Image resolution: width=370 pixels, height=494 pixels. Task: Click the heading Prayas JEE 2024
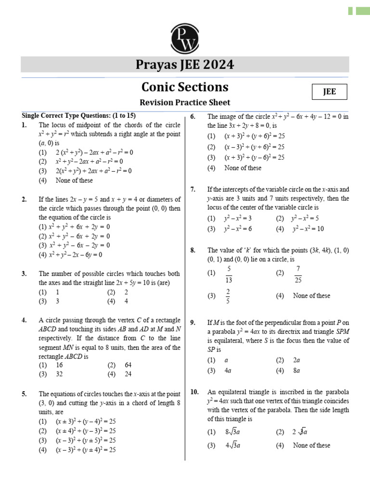pos(185,65)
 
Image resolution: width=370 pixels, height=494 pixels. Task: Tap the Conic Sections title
pos(185,87)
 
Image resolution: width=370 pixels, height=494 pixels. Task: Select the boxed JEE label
pos(330,92)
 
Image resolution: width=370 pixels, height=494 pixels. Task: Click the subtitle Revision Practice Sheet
pos(185,102)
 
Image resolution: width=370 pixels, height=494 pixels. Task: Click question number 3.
pos(24,273)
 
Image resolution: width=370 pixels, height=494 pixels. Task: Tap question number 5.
pos(24,394)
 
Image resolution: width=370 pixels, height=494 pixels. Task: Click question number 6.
pos(193,117)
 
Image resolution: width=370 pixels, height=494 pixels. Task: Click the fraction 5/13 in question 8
pos(229,273)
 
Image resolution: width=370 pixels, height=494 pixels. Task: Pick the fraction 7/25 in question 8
pos(298,273)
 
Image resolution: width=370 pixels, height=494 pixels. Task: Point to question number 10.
pos(194,392)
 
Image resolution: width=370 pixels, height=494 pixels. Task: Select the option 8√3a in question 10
pos(232,432)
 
